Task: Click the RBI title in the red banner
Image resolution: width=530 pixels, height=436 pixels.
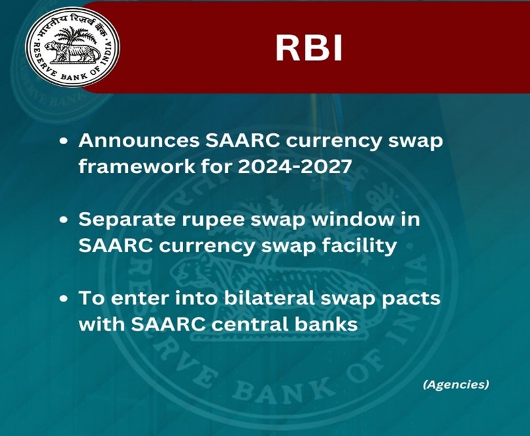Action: coord(309,49)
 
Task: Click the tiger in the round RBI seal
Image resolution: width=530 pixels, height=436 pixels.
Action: coord(72,52)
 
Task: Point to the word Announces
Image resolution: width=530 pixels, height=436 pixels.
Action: coord(139,141)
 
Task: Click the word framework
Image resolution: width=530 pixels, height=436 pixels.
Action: coord(137,167)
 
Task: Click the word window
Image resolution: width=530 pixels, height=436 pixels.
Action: coord(349,220)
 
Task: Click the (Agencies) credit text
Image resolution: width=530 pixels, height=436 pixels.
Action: coord(456,384)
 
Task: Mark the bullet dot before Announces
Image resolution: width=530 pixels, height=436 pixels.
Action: coord(63,142)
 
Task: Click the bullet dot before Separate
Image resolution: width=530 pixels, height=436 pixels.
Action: coord(63,220)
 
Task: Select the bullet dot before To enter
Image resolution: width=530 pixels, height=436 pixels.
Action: coord(63,299)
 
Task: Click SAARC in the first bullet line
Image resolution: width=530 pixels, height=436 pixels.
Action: coord(243,141)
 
